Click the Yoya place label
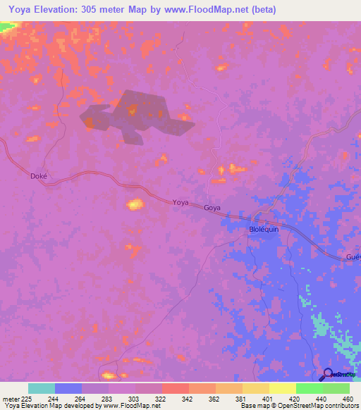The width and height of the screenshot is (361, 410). [x=180, y=202]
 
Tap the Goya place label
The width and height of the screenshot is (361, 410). [x=212, y=209]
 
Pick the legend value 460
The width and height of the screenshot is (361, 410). [x=348, y=398]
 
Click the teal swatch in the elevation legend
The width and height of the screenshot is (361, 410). [x=41, y=388]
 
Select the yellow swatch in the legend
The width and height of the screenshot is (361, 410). [x=282, y=388]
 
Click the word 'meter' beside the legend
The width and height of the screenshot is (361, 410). [x=12, y=398]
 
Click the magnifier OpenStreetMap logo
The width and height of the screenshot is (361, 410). [x=327, y=375]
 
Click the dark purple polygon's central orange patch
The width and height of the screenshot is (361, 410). [x=133, y=109]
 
